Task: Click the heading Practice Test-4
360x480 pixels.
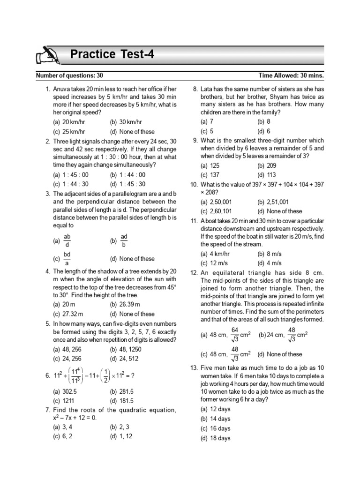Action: [112, 55]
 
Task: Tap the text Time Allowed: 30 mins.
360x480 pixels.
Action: [291, 75]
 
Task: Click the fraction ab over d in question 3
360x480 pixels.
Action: [67, 241]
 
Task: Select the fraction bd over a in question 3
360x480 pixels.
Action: [67, 258]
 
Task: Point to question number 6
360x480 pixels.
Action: [47, 375]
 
